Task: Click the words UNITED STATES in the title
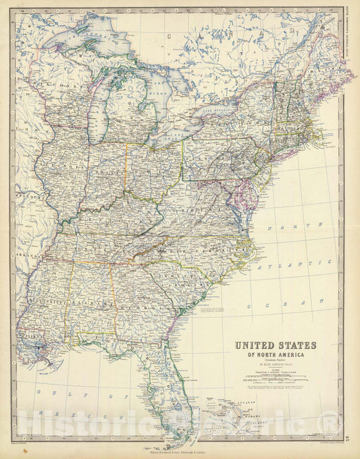click(x=275, y=345)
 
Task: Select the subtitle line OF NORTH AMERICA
click(x=275, y=355)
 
